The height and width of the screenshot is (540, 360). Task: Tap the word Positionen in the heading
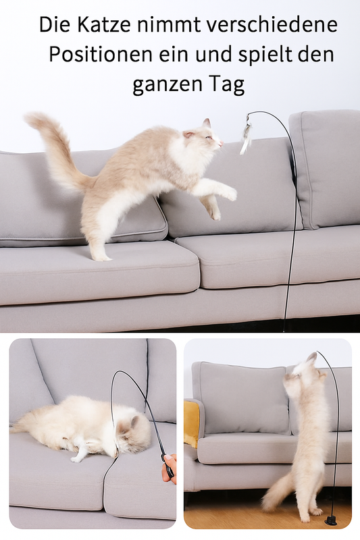click(100, 54)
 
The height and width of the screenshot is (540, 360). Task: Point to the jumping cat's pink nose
click(221, 142)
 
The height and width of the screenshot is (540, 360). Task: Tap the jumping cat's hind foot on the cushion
click(101, 256)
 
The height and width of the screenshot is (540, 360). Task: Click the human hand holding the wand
click(170, 468)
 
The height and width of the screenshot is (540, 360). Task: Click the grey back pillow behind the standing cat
click(241, 398)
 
